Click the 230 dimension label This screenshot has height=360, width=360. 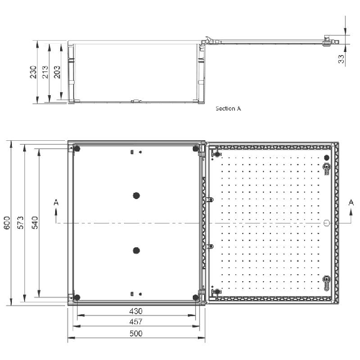(x=33, y=72)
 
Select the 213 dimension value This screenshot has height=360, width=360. (x=45, y=72)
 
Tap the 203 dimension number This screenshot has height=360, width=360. (x=57, y=72)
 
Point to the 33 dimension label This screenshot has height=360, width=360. (x=341, y=59)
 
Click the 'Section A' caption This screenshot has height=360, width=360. (x=229, y=108)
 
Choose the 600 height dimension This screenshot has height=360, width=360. (x=7, y=223)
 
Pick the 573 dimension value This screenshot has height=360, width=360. (x=21, y=223)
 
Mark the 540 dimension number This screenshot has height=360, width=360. (x=34, y=223)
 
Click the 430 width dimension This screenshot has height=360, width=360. (x=136, y=311)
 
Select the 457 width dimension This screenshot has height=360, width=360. (x=136, y=322)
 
